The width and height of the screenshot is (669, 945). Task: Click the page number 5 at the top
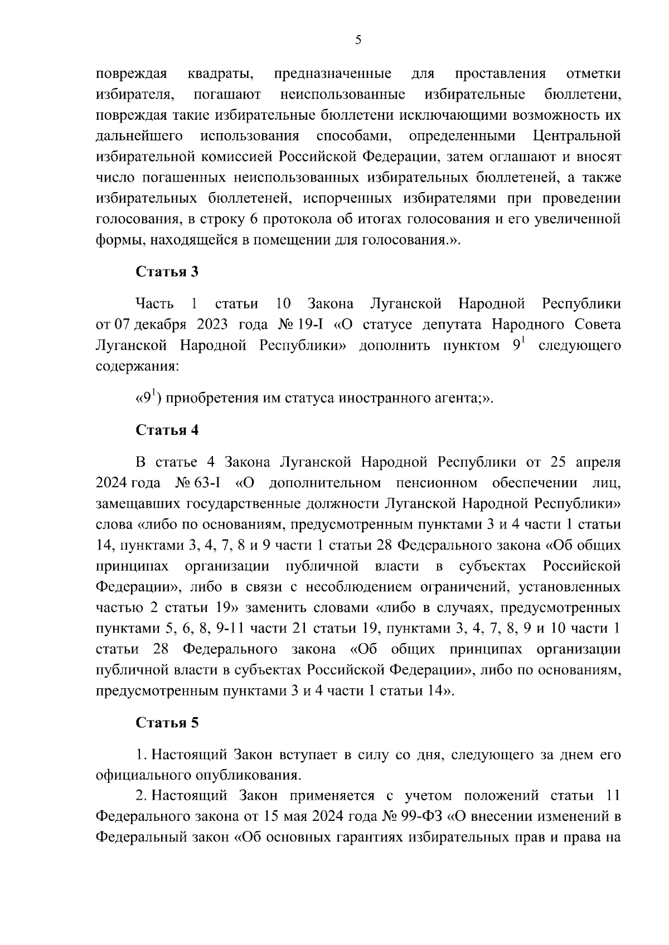tap(358, 40)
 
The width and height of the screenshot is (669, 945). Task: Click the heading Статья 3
tap(167, 272)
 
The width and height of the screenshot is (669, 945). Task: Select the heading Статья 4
tap(167, 430)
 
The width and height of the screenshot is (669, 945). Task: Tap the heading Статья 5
tap(167, 723)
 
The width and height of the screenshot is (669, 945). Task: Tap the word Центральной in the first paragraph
tap(576, 136)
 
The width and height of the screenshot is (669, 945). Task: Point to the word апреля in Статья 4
tap(596, 462)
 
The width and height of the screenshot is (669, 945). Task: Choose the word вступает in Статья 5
tap(308, 755)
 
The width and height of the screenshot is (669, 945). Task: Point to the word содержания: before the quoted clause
tap(137, 367)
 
